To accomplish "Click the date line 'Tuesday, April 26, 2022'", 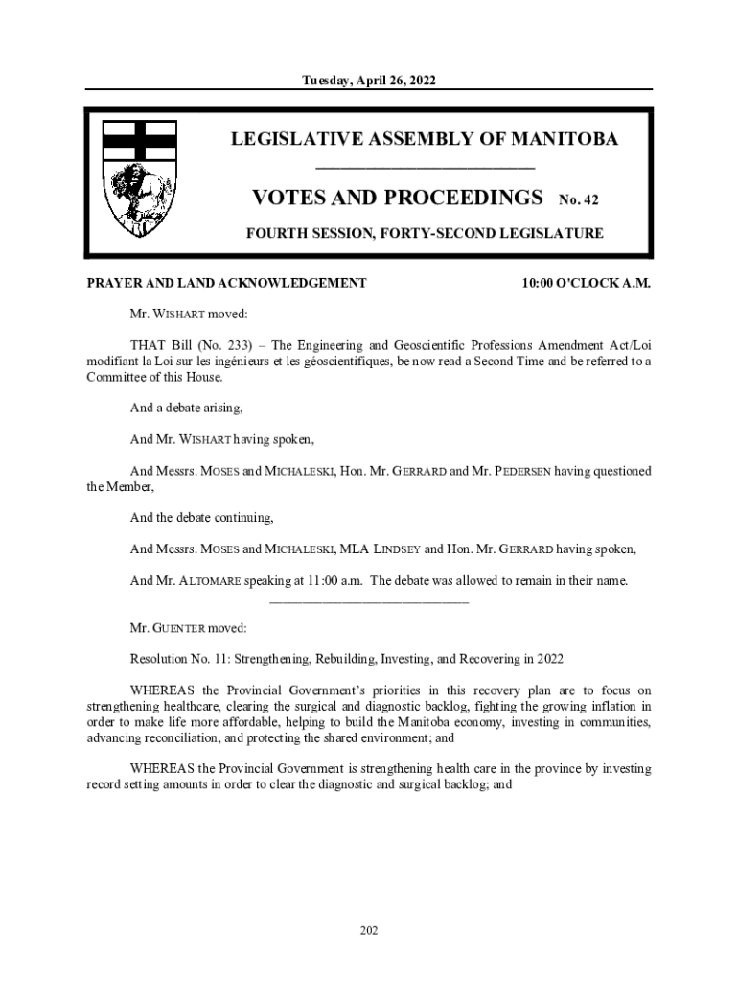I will [x=369, y=82].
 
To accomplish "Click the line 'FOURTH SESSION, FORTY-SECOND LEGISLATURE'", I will [x=424, y=233].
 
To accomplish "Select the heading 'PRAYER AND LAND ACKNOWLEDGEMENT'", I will [x=226, y=284].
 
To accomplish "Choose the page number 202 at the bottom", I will [x=369, y=929].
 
